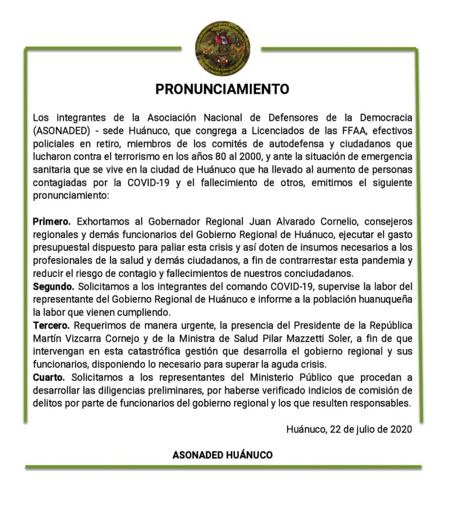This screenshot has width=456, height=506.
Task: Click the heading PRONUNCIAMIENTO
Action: tap(222, 89)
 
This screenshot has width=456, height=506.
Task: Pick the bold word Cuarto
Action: tap(49, 377)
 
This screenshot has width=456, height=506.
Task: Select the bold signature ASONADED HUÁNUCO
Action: tap(222, 455)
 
